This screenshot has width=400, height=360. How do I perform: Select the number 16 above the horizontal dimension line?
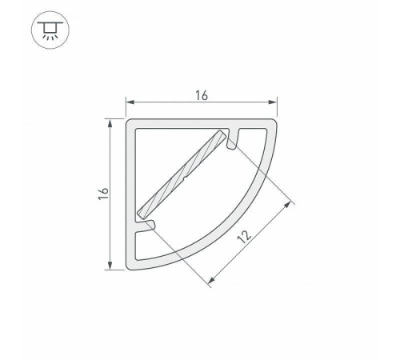200,95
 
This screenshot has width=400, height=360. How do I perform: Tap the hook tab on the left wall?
145,228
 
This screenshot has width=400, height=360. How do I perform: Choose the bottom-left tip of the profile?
130,267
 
